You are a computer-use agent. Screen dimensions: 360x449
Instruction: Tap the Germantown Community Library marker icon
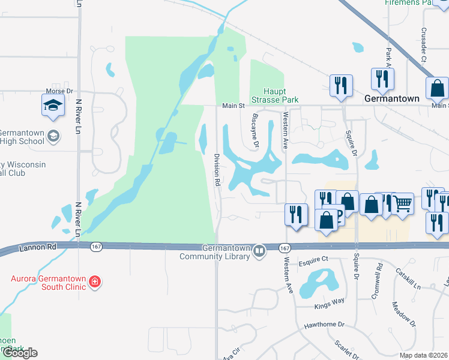[259, 250]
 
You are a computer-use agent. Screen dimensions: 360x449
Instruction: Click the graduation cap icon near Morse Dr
[53, 106]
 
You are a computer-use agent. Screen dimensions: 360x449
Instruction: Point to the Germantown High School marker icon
[53, 136]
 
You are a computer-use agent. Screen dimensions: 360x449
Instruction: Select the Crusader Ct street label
[424, 44]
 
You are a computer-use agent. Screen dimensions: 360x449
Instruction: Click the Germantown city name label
[391, 98]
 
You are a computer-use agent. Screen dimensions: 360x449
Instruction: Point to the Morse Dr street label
[59, 91]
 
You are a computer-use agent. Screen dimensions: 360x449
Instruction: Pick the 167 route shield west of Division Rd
[96, 247]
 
